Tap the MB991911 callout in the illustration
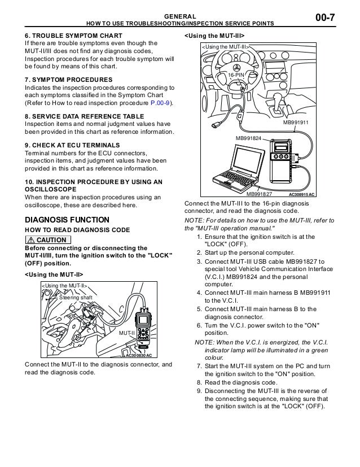[297, 123]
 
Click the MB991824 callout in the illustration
[248, 137]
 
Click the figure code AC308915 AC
[310, 194]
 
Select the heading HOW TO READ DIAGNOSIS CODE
[77, 230]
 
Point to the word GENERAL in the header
[180, 16]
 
